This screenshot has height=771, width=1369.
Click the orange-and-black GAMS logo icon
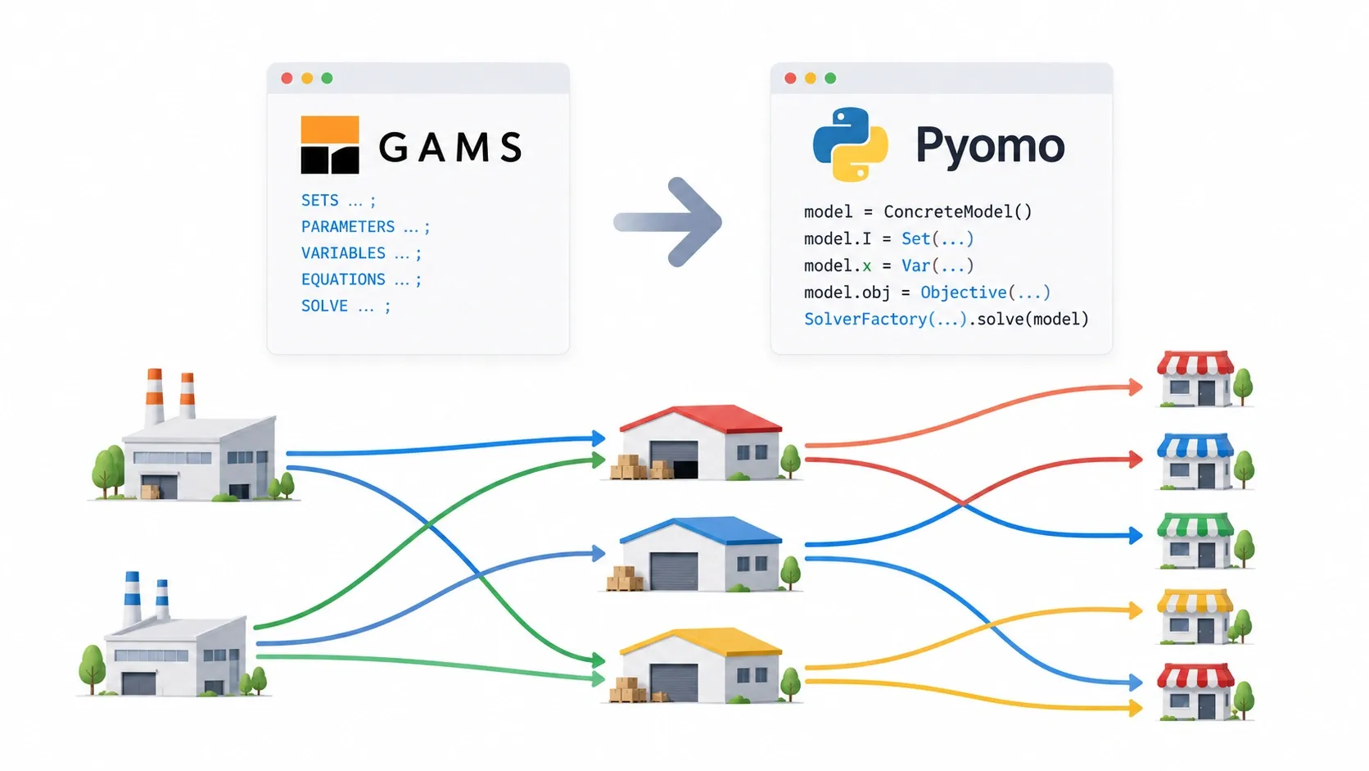click(x=329, y=145)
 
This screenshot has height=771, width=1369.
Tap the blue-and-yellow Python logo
click(x=850, y=144)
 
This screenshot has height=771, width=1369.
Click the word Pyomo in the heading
click(x=990, y=146)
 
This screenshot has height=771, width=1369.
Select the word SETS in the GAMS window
click(x=319, y=201)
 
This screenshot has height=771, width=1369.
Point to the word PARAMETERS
click(x=348, y=227)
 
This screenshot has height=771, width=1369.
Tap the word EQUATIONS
click(x=343, y=279)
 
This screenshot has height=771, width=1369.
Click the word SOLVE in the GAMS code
click(x=324, y=306)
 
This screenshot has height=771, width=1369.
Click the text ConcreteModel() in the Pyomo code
click(x=958, y=212)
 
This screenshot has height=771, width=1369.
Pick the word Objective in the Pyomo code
click(x=963, y=293)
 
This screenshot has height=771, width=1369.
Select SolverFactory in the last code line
click(x=865, y=320)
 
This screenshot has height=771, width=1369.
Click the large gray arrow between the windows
click(x=669, y=222)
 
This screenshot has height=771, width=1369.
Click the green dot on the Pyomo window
click(x=830, y=79)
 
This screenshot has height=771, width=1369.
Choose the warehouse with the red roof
click(x=700, y=442)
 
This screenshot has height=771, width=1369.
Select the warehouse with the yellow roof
click(x=700, y=665)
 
